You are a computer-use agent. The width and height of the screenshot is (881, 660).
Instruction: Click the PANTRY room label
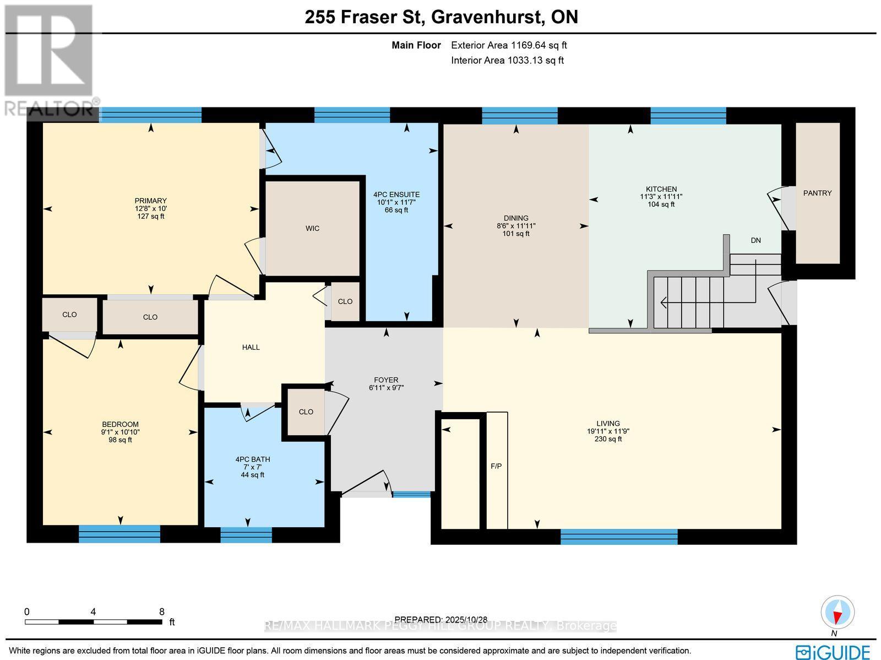(817, 193)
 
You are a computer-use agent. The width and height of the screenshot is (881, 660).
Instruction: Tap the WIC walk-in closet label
(312, 228)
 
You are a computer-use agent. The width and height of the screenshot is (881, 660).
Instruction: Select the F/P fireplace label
(496, 466)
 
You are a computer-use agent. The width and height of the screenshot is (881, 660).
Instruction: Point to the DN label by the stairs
(756, 240)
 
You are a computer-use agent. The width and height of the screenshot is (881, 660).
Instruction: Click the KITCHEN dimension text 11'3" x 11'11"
(661, 197)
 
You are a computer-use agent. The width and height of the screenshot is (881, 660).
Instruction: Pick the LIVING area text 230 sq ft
(608, 439)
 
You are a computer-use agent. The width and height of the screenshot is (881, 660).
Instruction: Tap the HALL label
(251, 347)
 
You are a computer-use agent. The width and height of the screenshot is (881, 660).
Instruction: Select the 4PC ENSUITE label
(396, 194)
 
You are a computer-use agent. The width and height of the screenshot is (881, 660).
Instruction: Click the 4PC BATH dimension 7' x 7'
(252, 467)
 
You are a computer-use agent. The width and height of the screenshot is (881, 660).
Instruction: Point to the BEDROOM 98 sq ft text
(120, 440)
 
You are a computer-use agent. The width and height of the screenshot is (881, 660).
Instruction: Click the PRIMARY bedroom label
(150, 201)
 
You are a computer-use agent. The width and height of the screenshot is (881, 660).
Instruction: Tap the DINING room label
(516, 218)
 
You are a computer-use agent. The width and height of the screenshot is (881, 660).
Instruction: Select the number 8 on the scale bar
(161, 612)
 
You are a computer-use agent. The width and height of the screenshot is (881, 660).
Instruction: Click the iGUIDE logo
(835, 651)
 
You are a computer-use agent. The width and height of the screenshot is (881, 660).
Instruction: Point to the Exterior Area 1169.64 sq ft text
(509, 46)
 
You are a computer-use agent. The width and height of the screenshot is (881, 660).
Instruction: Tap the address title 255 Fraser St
(363, 17)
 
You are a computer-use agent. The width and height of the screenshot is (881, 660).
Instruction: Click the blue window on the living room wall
(619, 536)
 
